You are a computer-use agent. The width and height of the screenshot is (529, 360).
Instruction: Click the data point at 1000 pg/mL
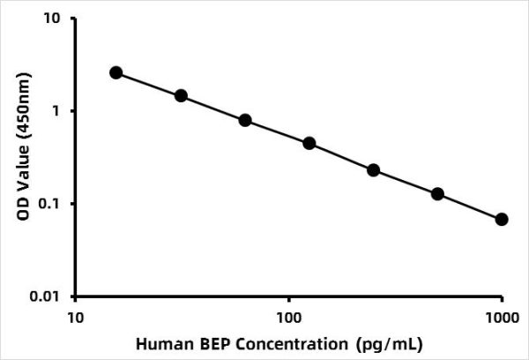pos(502,219)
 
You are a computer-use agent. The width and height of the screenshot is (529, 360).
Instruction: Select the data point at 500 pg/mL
pos(437,194)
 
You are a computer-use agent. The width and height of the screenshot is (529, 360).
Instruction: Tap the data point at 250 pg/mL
pos(373,170)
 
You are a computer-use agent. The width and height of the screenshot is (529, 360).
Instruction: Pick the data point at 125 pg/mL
pos(309,143)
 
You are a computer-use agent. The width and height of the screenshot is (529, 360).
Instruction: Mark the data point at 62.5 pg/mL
pos(245,120)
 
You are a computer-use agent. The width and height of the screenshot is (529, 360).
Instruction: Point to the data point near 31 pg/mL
pos(181,95)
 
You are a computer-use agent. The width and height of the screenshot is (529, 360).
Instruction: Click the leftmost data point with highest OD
pos(116,72)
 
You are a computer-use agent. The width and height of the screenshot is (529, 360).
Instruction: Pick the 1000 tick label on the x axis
pos(502,315)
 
